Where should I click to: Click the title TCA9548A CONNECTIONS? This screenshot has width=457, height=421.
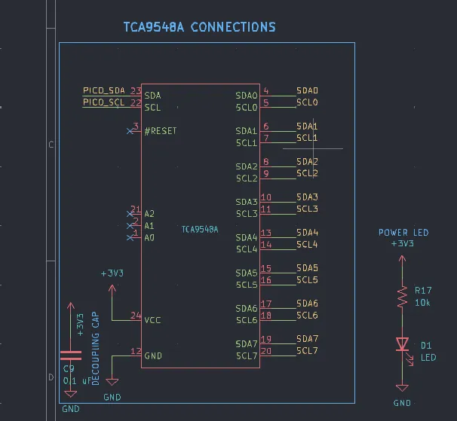pos(199,27)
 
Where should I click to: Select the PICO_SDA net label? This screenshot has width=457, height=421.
pos(103,91)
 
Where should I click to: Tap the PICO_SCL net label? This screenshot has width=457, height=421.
pos(103,102)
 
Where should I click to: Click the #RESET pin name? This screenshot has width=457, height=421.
pos(160,131)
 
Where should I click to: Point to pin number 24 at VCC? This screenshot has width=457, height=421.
pos(136,316)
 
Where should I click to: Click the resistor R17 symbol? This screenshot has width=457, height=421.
pos(402,297)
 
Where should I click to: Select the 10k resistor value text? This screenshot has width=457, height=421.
pos(422,303)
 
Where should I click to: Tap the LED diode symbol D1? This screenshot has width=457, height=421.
pos(402,344)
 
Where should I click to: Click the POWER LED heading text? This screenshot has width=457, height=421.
pos(403,233)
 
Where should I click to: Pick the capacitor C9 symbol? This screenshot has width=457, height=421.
pos(70,355)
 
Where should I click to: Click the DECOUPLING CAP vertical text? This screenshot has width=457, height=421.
pos(96,348)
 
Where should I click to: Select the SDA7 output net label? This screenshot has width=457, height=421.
pos(307,339)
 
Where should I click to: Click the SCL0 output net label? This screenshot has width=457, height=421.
pos(307,102)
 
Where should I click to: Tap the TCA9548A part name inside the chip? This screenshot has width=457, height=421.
pos(200,229)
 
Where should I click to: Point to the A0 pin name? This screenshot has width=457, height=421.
pos(149,238)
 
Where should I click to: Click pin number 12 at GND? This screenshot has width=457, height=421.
pos(136,351)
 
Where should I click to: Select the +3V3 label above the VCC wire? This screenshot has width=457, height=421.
pos(112,273)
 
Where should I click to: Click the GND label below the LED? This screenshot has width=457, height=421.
pos(402,403)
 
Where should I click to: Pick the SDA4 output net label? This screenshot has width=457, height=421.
pos(307,233)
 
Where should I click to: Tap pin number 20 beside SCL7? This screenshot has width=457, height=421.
pos(266,351)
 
